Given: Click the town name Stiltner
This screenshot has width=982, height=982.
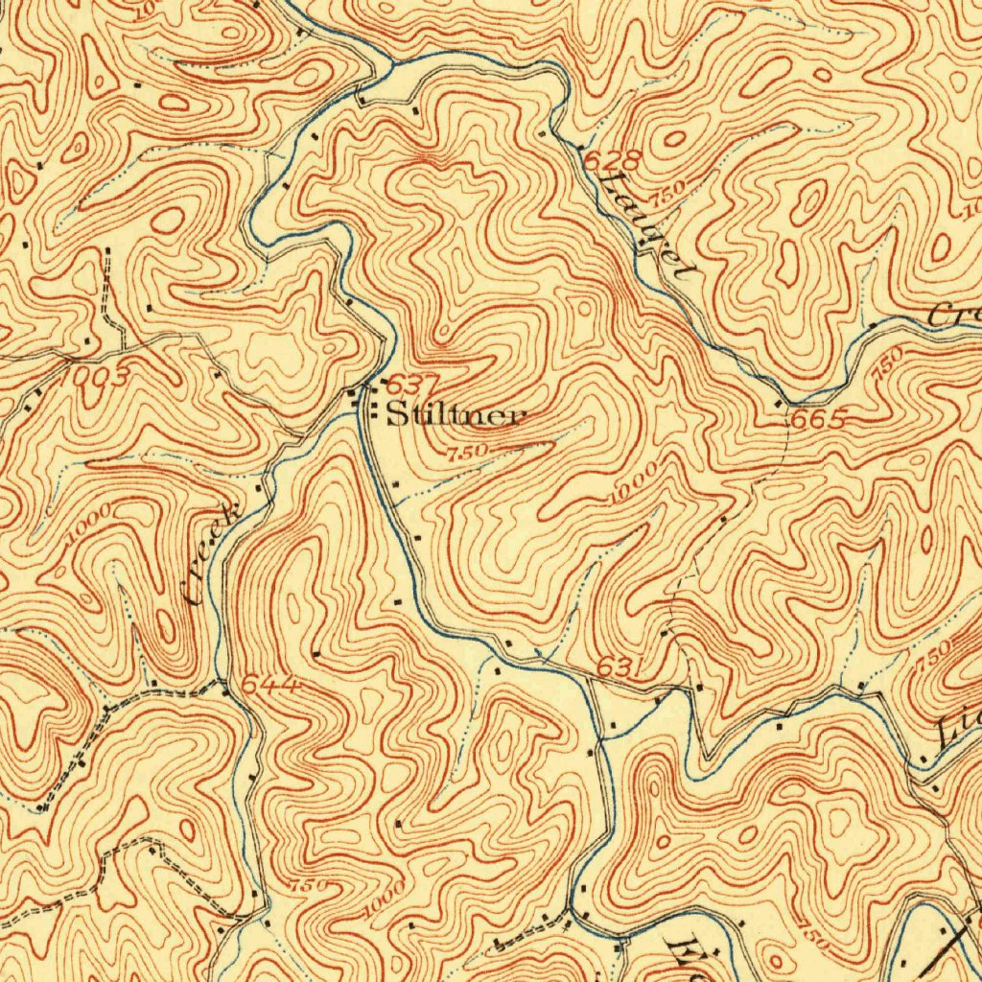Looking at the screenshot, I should pyautogui.click(x=456, y=416).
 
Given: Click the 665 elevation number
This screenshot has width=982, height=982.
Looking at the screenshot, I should pyautogui.click(x=818, y=420).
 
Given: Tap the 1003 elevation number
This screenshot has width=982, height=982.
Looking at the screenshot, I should pyautogui.click(x=93, y=377).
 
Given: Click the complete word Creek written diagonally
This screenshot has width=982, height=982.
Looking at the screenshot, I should pyautogui.click(x=212, y=555).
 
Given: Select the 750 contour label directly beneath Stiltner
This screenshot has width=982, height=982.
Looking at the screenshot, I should pyautogui.click(x=468, y=451).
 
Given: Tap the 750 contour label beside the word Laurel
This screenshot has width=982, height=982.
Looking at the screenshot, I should pyautogui.click(x=668, y=191).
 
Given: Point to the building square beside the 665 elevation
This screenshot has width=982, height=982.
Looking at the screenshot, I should pyautogui.click(x=778, y=406).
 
